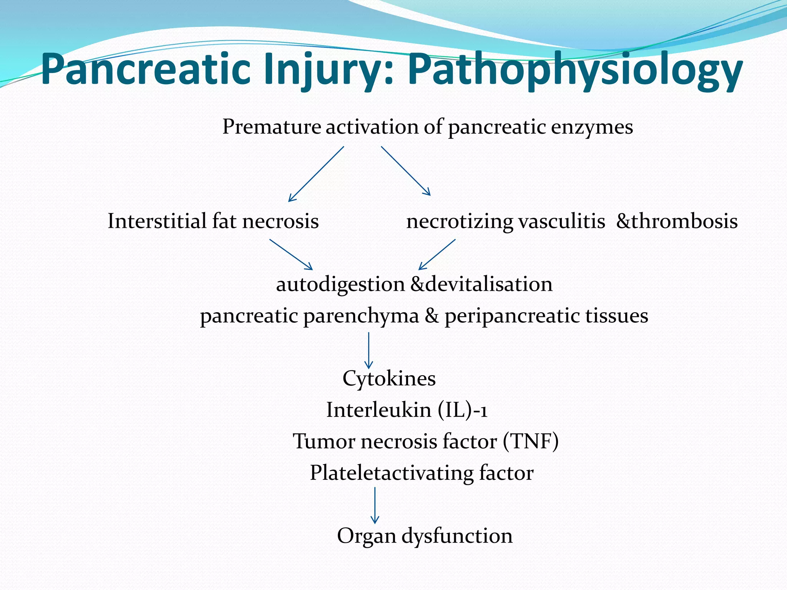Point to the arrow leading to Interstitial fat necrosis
pyautogui.click(x=316, y=174)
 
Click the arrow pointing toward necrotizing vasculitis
pyautogui.click(x=406, y=171)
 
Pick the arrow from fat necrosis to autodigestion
pyautogui.click(x=291, y=254)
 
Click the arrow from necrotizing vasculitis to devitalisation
pyautogui.click(x=437, y=254)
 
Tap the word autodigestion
pyautogui.click(x=340, y=285)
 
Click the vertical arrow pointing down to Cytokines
pyautogui.click(x=369, y=350)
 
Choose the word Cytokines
pyautogui.click(x=389, y=379)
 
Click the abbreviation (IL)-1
pyautogui.click(x=463, y=410)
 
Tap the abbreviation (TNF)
pyautogui.click(x=531, y=441)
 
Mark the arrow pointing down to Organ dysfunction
pyautogui.click(x=375, y=505)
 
